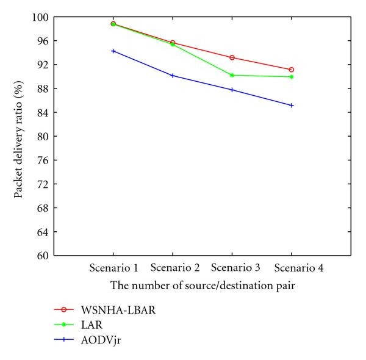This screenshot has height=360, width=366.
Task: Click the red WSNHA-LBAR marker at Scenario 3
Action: pos(232,57)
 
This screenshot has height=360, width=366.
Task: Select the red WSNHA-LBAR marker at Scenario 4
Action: pos(292,70)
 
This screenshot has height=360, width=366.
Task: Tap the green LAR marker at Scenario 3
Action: pos(232,75)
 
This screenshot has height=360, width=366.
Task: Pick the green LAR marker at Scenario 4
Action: pos(292,77)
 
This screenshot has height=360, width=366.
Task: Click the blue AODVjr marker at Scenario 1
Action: pos(113,51)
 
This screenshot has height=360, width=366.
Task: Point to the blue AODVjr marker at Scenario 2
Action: pos(173,76)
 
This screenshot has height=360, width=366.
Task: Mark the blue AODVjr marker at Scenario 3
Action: pos(232,90)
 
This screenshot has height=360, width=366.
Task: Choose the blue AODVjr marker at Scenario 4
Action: pos(292,105)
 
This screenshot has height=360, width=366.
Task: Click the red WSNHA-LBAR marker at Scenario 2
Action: pos(173,43)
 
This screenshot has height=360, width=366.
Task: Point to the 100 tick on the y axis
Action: pos(42,17)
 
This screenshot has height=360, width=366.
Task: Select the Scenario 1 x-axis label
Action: pos(113,268)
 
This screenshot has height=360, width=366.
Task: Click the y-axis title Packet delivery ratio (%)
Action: pos(20,136)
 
